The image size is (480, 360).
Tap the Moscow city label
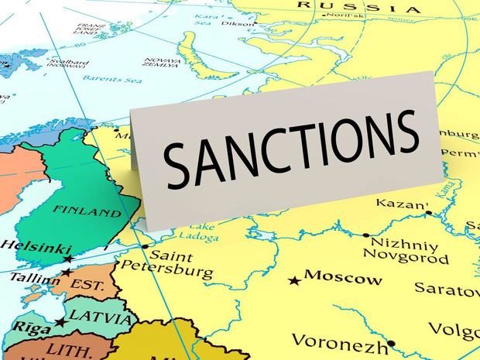[343, 277]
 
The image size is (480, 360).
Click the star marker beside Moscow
[294, 280]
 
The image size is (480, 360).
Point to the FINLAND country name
[87, 211]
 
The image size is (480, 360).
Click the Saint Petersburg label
[180, 264]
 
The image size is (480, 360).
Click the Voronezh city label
[339, 341]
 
